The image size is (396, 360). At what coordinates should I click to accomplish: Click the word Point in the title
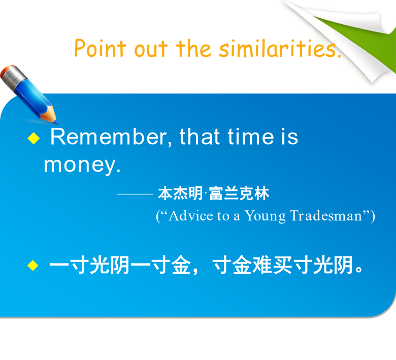(100, 48)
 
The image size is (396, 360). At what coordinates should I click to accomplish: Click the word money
(82, 166)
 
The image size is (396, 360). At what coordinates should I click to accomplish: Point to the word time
(251, 137)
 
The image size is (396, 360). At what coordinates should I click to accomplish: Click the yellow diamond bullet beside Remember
(34, 138)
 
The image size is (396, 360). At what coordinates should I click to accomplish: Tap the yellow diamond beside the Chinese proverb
(33, 266)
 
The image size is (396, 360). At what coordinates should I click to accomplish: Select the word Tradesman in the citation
(326, 216)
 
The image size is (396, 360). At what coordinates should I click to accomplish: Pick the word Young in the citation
(265, 216)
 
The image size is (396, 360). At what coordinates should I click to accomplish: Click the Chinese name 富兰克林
(239, 193)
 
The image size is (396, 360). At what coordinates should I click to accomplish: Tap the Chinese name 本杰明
(180, 193)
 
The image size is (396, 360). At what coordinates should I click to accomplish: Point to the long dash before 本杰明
(136, 194)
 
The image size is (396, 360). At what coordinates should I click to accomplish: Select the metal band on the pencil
(15, 77)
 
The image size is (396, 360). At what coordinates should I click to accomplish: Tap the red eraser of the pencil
(6, 70)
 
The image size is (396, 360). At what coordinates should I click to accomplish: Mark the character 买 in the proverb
(283, 265)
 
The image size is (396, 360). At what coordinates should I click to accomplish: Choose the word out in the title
(151, 49)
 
